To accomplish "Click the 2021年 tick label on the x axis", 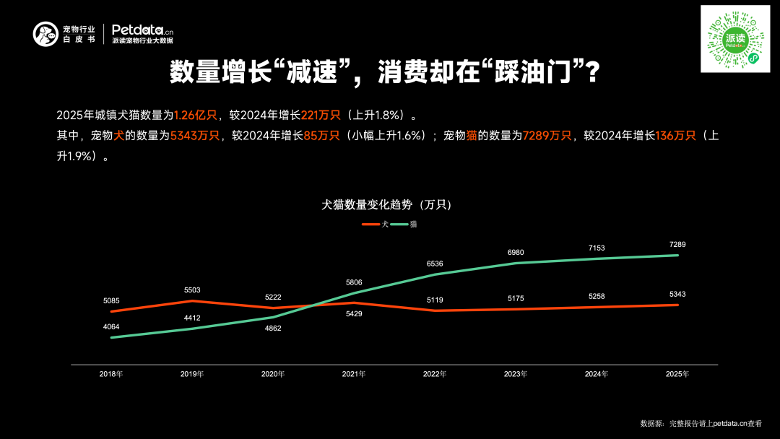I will point(353,374).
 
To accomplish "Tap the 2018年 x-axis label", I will point(111,374).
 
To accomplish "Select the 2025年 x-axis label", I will point(677,374).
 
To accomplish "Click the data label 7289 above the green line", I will point(677,245).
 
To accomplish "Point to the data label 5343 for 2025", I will point(677,294).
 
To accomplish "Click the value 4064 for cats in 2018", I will point(111,327).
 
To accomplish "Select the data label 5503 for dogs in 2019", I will point(191,290).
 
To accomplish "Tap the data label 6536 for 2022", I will point(435,264).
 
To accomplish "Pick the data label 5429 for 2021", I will point(354,314).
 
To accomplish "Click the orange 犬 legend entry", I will point(375,225).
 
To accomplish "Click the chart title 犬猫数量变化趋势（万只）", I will point(386,205).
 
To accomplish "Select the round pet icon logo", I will point(45,34).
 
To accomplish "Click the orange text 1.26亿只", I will point(196,115).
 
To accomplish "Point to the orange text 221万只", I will point(321,115).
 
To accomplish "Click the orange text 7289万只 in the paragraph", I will point(547,136).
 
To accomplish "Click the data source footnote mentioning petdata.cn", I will point(700,423).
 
